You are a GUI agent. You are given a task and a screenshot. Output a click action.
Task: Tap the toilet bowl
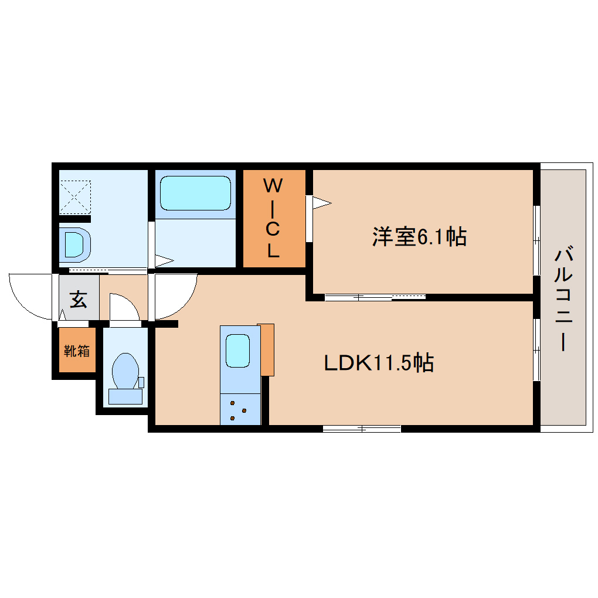pos(124,371)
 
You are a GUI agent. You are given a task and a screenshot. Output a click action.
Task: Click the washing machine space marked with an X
pos(75,197)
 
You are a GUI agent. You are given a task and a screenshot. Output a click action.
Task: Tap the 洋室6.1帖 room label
pos(419,236)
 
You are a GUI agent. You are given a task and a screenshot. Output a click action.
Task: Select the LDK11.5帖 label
pos(379,363)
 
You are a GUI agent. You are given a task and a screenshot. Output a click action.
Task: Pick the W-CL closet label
pos(274,219)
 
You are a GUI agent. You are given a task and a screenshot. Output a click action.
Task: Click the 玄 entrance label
pos(79,300)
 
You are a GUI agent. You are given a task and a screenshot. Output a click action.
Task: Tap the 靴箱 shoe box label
pos(77,351)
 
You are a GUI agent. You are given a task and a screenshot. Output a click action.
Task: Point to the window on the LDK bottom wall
pos(362,429)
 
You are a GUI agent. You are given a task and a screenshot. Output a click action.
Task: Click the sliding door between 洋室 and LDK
pos(375,297)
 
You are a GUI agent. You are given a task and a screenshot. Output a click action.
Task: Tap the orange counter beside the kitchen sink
pos(266,349)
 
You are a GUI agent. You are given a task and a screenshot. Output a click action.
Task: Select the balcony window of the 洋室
pos(536,240)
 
